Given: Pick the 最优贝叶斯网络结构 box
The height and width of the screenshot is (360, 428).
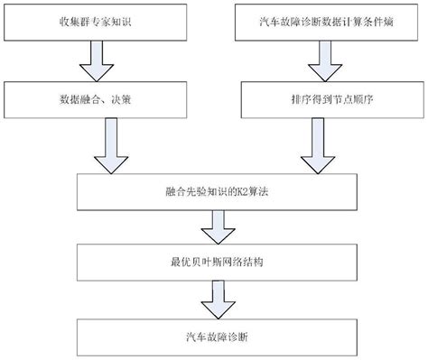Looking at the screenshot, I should coord(214,264).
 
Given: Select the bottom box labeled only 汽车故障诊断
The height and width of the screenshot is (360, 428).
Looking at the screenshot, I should coord(214,336).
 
